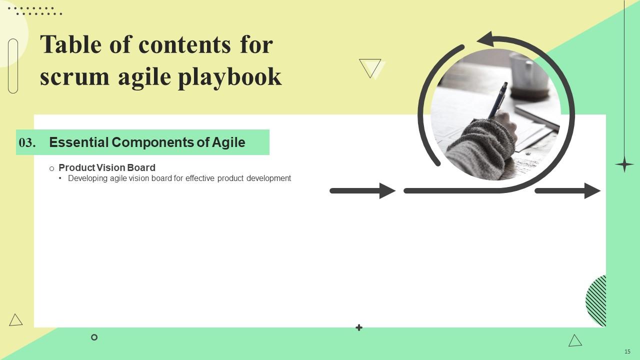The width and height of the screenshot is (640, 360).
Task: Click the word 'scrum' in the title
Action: click(74, 77)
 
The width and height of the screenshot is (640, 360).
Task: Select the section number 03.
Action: click(27, 142)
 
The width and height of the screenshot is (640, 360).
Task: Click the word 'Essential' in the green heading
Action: click(79, 142)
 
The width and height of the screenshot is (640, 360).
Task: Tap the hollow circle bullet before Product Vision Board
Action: click(51, 168)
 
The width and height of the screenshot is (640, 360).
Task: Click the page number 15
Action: click(627, 351)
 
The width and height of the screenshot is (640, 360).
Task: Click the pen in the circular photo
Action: click(497, 100)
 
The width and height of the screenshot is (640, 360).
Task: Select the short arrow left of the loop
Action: click(362, 191)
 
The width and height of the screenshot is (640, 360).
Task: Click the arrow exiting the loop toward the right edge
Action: click(567, 191)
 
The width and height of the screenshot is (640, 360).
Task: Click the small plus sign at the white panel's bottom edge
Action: click(359, 327)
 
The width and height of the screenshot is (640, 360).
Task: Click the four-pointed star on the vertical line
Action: click(624, 164)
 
